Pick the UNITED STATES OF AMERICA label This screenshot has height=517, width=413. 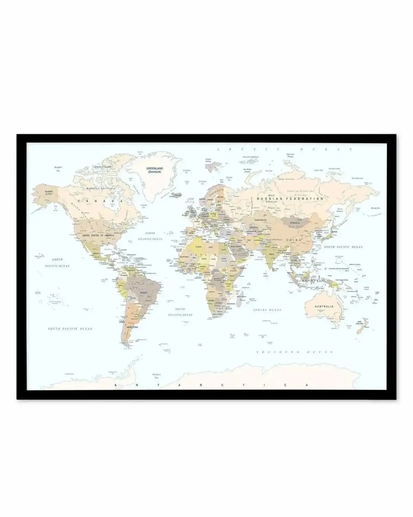(x=98, y=235)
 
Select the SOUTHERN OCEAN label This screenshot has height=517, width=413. (x=295, y=352)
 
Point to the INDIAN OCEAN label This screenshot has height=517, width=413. (x=267, y=310)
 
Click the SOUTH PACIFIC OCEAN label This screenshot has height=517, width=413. (x=70, y=329)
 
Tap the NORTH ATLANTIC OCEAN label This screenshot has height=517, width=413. (x=150, y=236)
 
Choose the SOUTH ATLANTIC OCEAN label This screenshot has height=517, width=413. (x=180, y=312)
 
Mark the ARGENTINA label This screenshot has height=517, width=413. (x=132, y=326)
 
